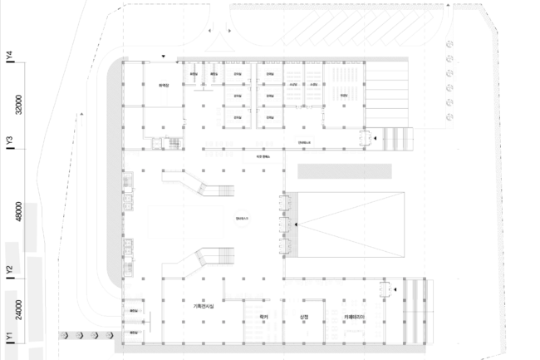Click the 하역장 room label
coord(164,85)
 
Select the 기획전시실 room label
coord(204,308)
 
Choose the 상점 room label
coord(304,317)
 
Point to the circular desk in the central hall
coord(242,218)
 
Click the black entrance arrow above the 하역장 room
coord(164,57)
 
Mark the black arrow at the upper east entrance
coord(375,139)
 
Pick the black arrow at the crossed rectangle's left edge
coord(295,224)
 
